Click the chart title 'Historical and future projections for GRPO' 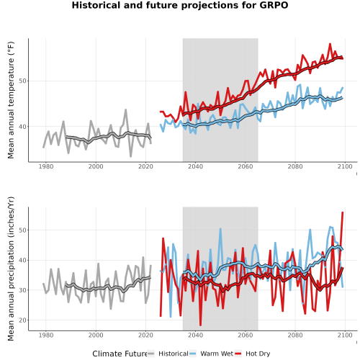click(180, 5)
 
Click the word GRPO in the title click(274, 5)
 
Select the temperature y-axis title click(11, 100)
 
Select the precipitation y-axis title click(11, 269)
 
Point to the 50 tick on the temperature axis click(22, 81)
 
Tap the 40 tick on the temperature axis click(22, 127)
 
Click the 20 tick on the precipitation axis click(22, 320)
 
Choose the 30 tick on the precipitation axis click(22, 290)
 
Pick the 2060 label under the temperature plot click(246, 166)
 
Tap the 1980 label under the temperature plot click(46, 166)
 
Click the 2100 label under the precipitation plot click(345, 335)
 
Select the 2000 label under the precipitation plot click(96, 335)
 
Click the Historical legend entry click(168, 354)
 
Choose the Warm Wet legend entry click(211, 354)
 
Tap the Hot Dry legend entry click(253, 354)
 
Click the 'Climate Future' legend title click(120, 354)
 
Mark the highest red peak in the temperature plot click(330, 44)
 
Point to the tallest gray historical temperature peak click(125, 110)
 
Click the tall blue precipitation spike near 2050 click(220, 229)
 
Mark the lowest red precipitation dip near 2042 click(200, 325)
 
